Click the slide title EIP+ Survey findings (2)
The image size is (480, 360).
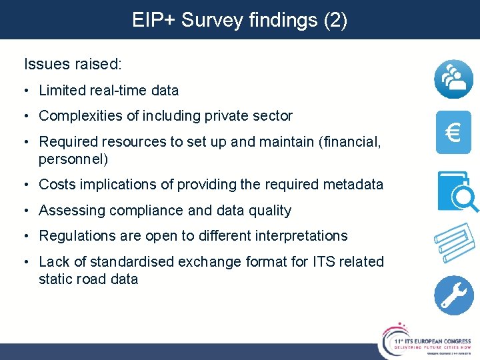click(x=239, y=20)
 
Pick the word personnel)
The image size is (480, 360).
click(x=73, y=159)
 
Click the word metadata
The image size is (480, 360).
click(x=353, y=184)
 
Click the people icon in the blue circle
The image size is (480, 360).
click(x=453, y=79)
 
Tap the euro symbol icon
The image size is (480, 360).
click(x=453, y=131)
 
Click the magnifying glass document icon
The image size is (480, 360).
click(x=457, y=192)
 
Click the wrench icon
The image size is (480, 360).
click(x=453, y=295)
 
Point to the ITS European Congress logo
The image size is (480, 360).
click(x=427, y=338)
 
